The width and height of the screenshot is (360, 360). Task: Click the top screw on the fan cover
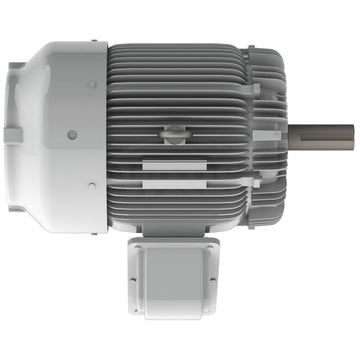click(x=91, y=84)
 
